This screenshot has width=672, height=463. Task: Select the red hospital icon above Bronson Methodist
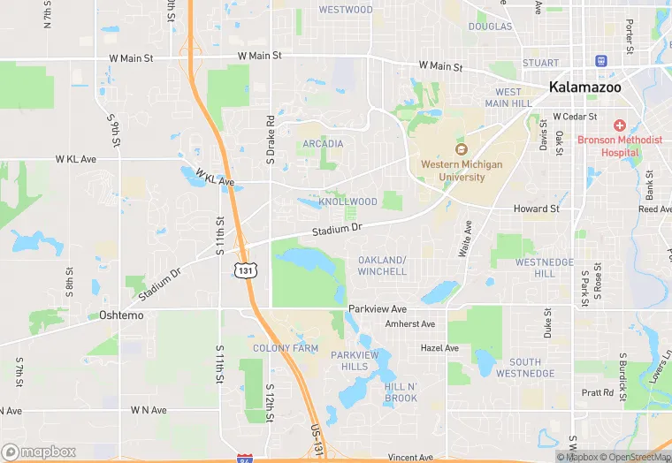coord(620,125)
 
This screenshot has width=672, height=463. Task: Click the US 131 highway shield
coord(246,269)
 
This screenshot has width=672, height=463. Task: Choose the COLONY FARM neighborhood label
coord(285,348)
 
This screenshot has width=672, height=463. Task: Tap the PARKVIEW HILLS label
coord(355,361)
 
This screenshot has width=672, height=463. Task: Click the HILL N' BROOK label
coord(401,393)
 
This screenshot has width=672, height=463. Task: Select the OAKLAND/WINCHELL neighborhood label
coord(382,265)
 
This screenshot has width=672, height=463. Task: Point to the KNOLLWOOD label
coord(347,201)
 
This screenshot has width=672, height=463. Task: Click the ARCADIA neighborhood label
coord(323,143)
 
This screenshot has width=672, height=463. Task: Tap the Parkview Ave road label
coord(377,309)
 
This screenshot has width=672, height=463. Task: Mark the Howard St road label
coord(536,209)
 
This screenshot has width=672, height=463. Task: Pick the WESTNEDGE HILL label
coord(545,268)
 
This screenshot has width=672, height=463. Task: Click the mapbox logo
coord(38,452)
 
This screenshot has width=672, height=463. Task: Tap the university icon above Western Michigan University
coord(460,148)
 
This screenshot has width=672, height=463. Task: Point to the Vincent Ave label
coord(410,458)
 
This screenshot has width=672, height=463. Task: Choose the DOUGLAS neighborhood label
coord(490,27)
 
